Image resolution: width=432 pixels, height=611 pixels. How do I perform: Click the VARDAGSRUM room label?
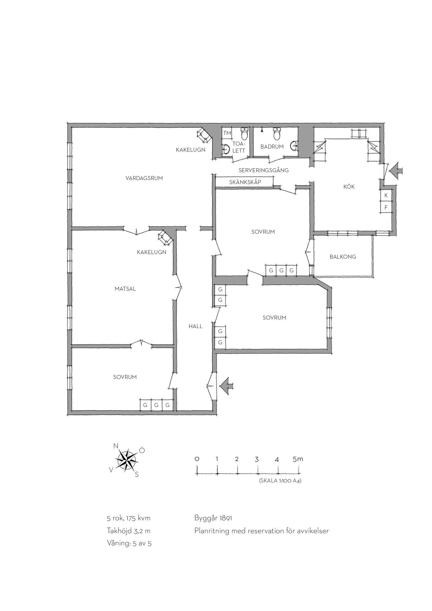pyautogui.click(x=144, y=178)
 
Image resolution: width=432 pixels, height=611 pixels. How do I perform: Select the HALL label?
pyautogui.click(x=195, y=326)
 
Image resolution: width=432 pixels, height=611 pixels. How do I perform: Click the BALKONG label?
pyautogui.click(x=343, y=256)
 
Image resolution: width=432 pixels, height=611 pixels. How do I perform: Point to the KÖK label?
pyautogui.click(x=349, y=186)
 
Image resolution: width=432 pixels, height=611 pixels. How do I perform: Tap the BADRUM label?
pyautogui.click(x=272, y=147)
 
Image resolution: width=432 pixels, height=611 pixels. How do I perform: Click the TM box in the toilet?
pyautogui.click(x=227, y=133)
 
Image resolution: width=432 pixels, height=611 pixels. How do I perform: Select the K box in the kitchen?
pyautogui.click(x=386, y=195)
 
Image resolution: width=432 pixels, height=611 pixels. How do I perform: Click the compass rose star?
pyautogui.click(x=127, y=460)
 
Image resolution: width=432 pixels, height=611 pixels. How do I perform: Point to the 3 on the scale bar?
pyautogui.click(x=257, y=460)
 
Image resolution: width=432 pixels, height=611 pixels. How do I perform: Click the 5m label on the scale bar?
pyautogui.click(x=298, y=459)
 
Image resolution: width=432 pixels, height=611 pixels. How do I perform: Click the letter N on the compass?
pyautogui.click(x=116, y=446)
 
